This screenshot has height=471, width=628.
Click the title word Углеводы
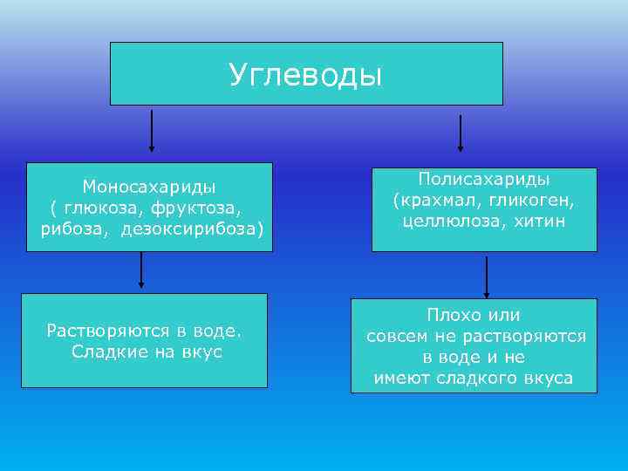[x=305, y=75]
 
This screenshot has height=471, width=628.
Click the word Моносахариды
[x=149, y=186]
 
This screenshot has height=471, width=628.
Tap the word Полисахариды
[x=483, y=179]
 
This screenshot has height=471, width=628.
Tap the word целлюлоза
[x=445, y=222]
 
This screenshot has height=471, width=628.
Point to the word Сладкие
[x=103, y=352]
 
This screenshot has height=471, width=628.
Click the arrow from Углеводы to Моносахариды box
[x=153, y=132]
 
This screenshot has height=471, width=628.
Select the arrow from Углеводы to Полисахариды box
[x=461, y=133]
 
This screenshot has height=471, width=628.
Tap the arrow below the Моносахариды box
[x=141, y=271]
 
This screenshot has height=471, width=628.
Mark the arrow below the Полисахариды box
[x=487, y=276]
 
